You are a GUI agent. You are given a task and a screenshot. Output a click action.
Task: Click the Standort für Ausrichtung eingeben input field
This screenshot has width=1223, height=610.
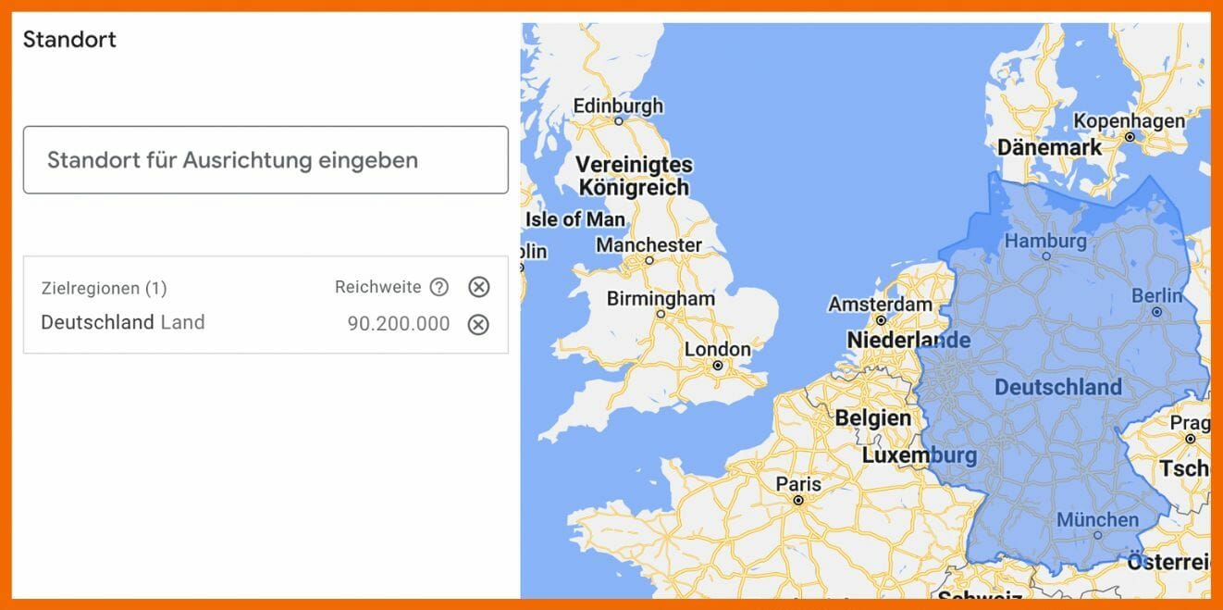coord(266,160)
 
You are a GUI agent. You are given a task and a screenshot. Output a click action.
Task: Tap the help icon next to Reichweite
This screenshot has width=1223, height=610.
coord(439,287)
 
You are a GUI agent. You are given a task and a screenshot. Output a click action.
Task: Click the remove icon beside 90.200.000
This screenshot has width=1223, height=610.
coord(478,324)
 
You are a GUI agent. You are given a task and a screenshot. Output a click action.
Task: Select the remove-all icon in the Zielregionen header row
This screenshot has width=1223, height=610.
coord(478,287)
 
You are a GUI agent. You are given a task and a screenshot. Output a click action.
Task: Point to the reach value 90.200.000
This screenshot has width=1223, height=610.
coord(399,324)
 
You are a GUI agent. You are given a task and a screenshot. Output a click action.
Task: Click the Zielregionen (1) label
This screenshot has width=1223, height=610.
coord(105,288)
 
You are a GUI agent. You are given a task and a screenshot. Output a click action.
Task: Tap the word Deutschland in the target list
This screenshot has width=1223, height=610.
coord(97,322)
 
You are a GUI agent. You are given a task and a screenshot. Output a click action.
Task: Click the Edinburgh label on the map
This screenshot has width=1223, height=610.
coord(618,106)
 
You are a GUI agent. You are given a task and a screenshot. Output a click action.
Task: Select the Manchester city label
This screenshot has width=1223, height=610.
coord(649,245)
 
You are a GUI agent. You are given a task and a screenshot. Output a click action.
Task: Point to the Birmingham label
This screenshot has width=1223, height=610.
coord(661,299)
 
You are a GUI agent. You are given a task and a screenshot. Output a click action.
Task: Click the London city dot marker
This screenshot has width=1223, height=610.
coord(718,366)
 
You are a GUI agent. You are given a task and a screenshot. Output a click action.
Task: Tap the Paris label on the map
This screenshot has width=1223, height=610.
coord(798,483)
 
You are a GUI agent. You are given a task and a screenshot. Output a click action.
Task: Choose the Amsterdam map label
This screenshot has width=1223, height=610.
coord(880,304)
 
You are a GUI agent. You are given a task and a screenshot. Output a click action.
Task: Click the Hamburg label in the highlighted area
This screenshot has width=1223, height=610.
coord(1045,241)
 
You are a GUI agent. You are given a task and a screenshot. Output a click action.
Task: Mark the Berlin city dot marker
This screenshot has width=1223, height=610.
coord(1157,312)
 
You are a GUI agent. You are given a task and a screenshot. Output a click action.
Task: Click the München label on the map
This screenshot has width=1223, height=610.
coord(1097,519)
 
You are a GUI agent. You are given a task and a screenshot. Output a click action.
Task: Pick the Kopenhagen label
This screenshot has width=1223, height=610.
coord(1129,121)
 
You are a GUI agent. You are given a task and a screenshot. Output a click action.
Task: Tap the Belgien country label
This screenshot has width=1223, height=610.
coord(872,417)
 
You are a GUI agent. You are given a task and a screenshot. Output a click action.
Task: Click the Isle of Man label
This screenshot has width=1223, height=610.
coord(575,219)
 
